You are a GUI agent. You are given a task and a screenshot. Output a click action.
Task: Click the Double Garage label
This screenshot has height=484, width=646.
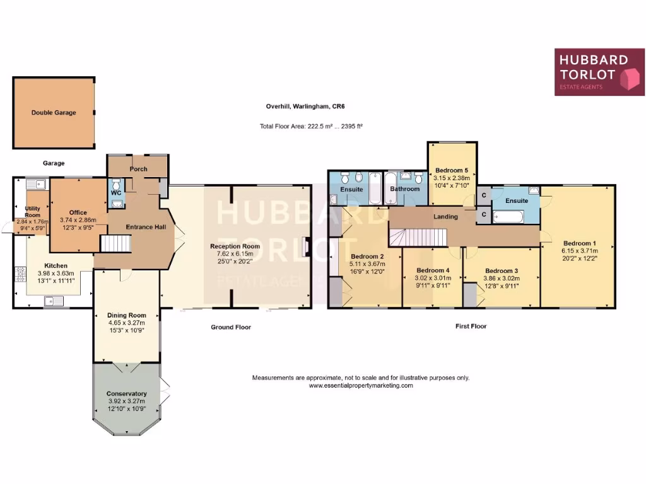[54, 113]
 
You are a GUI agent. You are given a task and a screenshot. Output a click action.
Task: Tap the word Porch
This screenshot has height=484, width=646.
[138, 169]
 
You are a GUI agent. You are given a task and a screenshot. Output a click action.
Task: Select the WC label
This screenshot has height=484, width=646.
[115, 193]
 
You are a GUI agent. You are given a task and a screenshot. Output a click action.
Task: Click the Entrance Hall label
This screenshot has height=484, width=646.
[146, 227]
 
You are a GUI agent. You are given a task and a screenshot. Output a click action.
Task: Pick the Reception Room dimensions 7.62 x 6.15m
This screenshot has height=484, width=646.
[235, 254]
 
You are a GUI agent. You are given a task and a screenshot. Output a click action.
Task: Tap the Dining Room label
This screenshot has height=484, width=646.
[127, 315]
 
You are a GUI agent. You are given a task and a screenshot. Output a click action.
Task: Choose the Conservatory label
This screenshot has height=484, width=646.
[127, 393]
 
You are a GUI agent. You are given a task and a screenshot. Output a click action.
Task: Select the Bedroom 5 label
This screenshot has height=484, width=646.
[452, 170]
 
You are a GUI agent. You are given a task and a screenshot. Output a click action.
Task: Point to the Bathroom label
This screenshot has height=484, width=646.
[404, 188]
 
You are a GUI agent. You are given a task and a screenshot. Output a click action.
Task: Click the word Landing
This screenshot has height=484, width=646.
[445, 217]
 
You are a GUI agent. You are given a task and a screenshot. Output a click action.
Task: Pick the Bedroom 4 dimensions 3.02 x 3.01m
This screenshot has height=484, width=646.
[432, 278]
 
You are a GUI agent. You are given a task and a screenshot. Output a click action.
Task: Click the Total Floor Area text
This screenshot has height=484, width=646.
[311, 126]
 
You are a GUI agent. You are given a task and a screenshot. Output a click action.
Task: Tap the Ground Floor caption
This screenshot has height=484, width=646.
[231, 327]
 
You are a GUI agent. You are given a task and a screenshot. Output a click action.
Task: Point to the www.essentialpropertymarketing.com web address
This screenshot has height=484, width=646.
[360, 386]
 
